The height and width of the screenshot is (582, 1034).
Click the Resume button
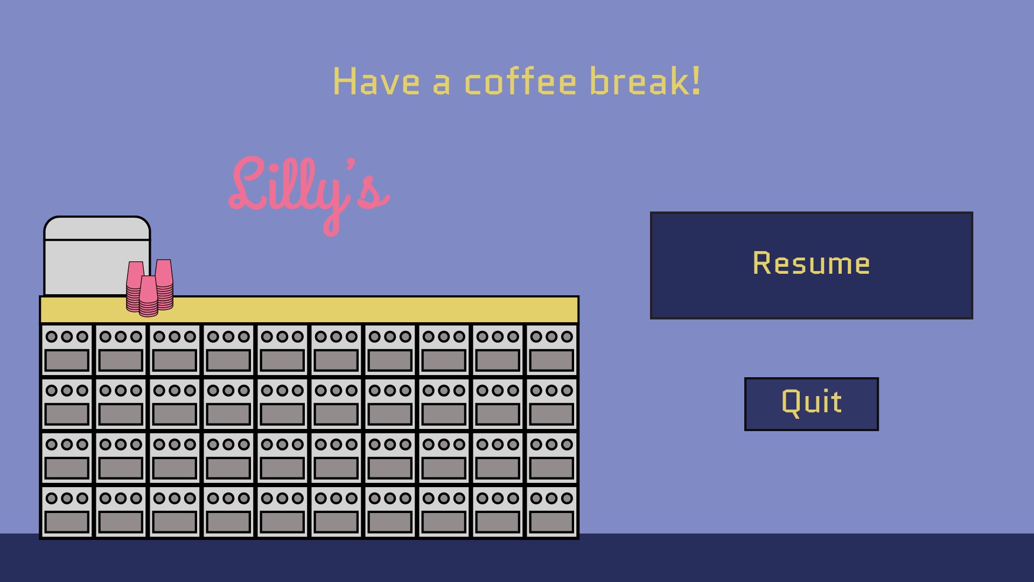(811, 265)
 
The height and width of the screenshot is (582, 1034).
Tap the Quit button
(811, 404)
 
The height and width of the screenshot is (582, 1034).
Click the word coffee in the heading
(520, 82)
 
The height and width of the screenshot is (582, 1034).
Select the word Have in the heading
(376, 82)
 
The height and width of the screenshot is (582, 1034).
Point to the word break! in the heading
(645, 81)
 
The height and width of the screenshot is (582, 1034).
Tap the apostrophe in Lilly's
(351, 163)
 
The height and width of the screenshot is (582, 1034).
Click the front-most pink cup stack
(148, 296)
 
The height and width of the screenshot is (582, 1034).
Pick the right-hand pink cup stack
(164, 285)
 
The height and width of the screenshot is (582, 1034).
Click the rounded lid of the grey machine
(97, 228)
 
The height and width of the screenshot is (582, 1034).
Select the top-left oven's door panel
(67, 361)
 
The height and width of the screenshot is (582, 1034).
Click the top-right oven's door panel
(551, 361)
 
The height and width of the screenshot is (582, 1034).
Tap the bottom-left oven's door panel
(67, 522)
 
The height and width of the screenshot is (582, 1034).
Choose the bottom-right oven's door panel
(551, 522)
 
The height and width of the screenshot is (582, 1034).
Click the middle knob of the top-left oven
(67, 337)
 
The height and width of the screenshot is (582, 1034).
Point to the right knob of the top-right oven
(567, 337)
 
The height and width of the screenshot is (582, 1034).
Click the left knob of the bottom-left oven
(52, 498)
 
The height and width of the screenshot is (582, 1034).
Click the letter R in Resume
(762, 263)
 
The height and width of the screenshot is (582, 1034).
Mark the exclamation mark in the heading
(696, 81)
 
